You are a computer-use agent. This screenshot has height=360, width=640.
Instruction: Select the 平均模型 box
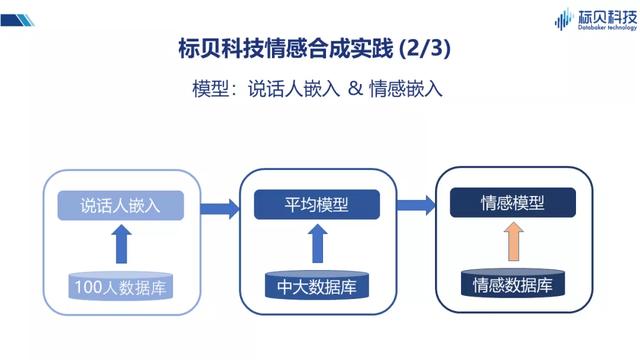[x=317, y=205]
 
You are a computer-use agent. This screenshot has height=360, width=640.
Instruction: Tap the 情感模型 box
[x=511, y=203]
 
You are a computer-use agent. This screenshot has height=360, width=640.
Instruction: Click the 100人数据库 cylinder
[x=120, y=287]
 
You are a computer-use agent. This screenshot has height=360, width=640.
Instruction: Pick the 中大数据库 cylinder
[x=317, y=287]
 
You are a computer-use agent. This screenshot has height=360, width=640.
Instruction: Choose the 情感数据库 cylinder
[x=512, y=284]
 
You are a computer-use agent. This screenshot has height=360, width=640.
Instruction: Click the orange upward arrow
[x=512, y=242]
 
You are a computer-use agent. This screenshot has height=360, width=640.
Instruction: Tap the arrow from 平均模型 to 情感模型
[x=416, y=207]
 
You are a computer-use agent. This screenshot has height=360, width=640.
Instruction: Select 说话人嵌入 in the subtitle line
[x=294, y=87]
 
